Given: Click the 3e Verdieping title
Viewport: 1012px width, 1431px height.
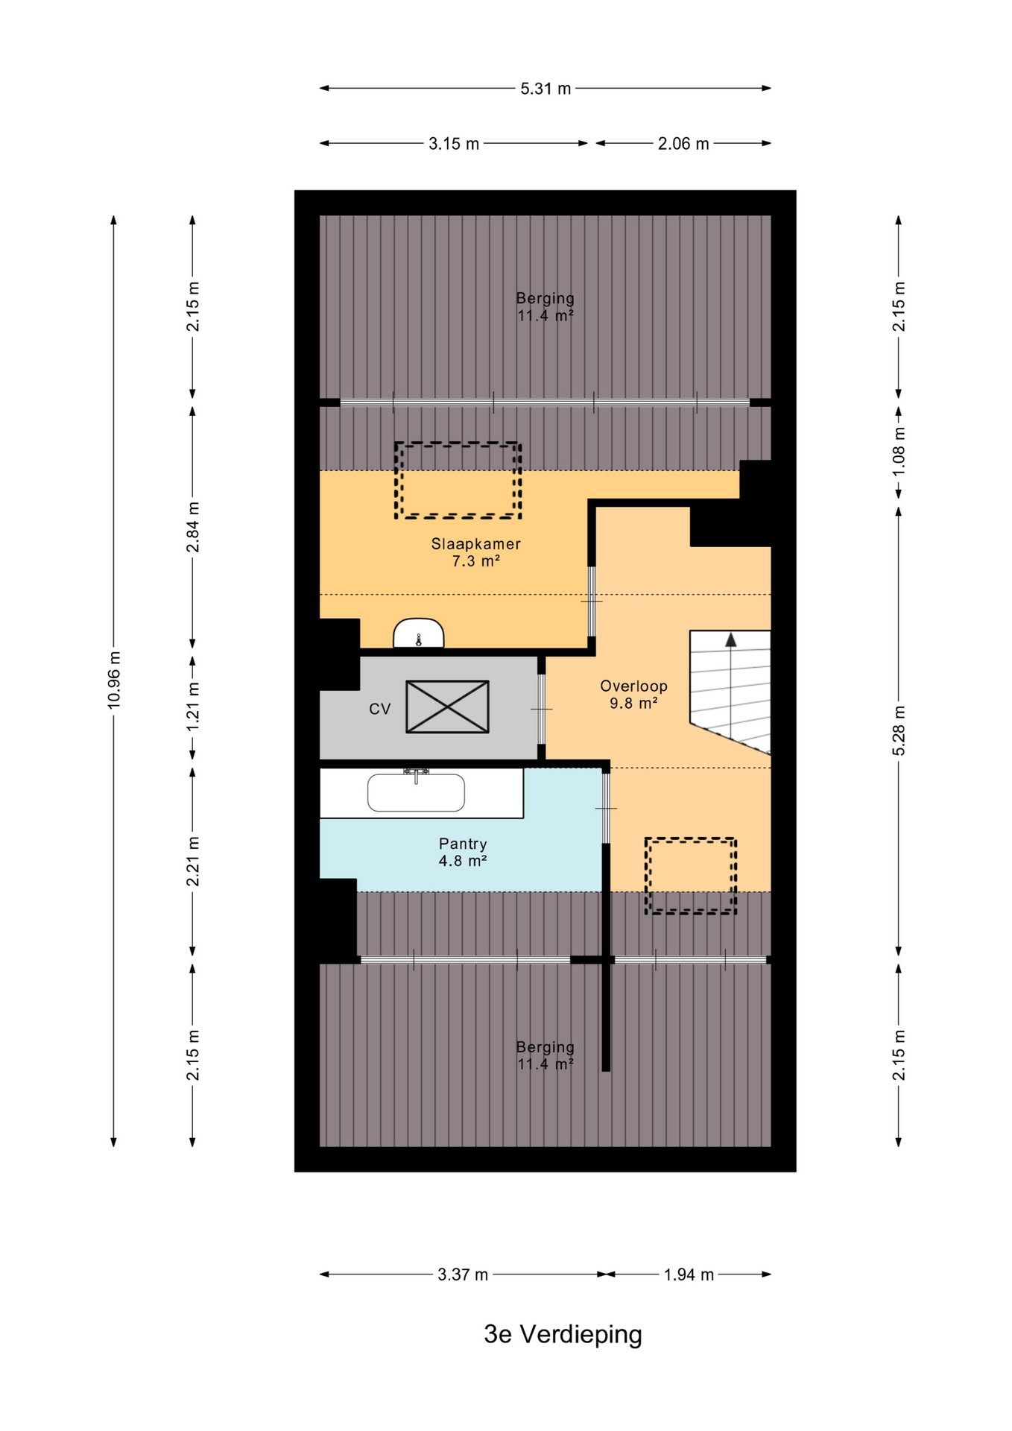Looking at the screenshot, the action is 563,1333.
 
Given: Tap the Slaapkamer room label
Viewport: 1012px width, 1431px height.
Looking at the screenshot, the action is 475,544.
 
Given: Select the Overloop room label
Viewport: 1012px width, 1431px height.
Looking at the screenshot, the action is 633,686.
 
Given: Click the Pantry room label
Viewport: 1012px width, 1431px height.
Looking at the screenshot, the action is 463,844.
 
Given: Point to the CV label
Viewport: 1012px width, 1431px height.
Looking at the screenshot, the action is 380,709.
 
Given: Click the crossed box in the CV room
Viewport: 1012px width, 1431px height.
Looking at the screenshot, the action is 447,707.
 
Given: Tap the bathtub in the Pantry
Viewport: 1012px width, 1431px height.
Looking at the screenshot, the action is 416,792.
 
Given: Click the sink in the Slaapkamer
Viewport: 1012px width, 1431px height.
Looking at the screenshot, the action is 419,634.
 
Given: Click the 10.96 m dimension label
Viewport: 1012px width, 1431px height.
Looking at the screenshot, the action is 113,680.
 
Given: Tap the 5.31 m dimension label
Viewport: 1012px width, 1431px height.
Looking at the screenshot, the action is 545,89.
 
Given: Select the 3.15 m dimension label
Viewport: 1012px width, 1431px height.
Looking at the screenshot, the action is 454,144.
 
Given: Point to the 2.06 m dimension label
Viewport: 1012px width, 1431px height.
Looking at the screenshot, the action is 683,144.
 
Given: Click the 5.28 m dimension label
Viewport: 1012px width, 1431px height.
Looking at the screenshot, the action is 899,730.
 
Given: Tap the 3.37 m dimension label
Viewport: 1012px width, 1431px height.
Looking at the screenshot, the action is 463,1274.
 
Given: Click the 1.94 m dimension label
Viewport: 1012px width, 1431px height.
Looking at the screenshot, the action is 689,1274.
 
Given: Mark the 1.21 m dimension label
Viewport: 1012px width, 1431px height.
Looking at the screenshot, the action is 193,706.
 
